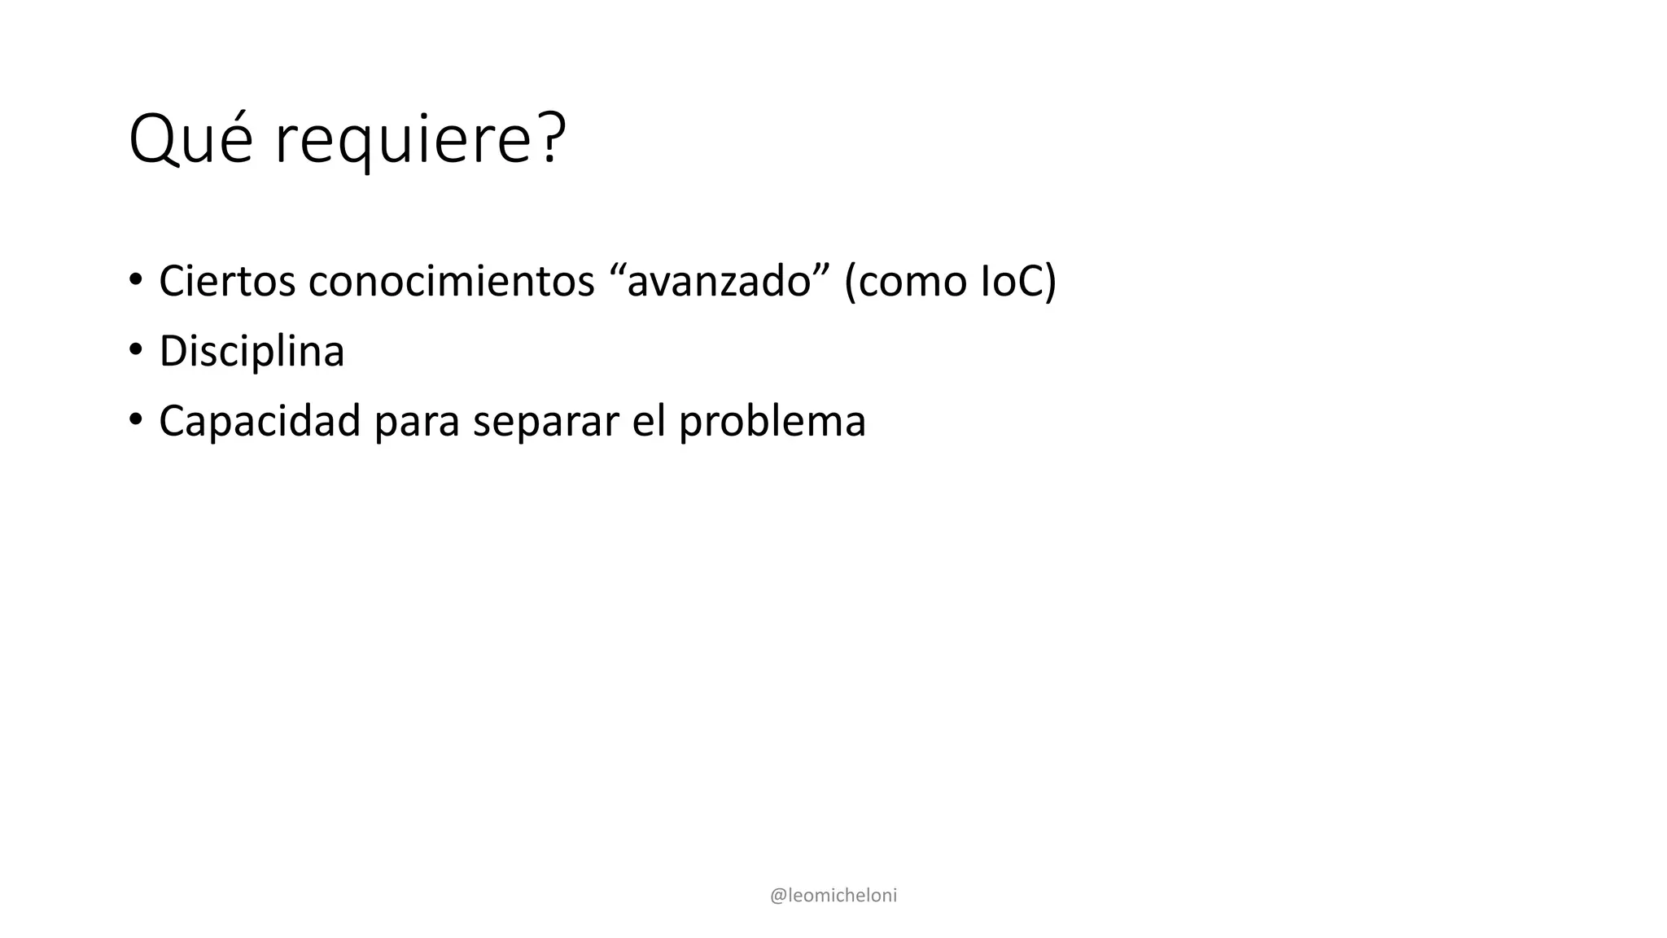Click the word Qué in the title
(190, 140)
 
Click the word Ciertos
(227, 282)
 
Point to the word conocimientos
(451, 282)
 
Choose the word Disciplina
(252, 352)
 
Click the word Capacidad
(260, 422)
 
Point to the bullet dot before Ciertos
(135, 280)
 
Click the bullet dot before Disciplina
(135, 350)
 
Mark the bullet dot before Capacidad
(135, 420)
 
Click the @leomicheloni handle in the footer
(833, 896)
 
